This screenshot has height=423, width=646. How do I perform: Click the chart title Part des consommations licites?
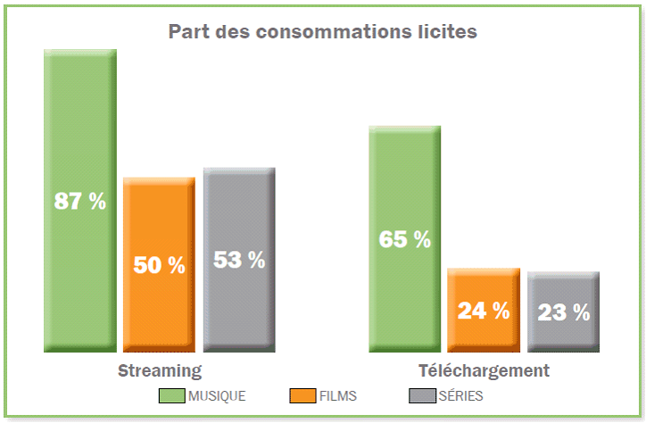pyautogui.click(x=322, y=31)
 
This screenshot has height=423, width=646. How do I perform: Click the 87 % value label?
pyautogui.click(x=80, y=202)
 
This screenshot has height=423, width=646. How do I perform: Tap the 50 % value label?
pyautogui.click(x=159, y=265)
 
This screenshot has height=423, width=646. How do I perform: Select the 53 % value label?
pyautogui.click(x=238, y=261)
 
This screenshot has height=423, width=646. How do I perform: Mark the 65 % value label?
pyautogui.click(x=404, y=240)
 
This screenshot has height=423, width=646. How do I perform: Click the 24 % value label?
pyautogui.click(x=483, y=311)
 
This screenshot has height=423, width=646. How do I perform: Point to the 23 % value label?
pyautogui.click(x=563, y=312)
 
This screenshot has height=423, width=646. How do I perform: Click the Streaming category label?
pyautogui.click(x=160, y=370)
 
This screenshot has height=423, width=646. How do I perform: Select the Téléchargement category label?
pyautogui.click(x=484, y=370)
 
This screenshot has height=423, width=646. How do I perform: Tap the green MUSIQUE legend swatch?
pyautogui.click(x=171, y=395)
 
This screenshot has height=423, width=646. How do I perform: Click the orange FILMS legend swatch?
pyautogui.click(x=303, y=395)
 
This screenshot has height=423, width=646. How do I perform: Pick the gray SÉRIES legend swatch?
pyautogui.click(x=420, y=395)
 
